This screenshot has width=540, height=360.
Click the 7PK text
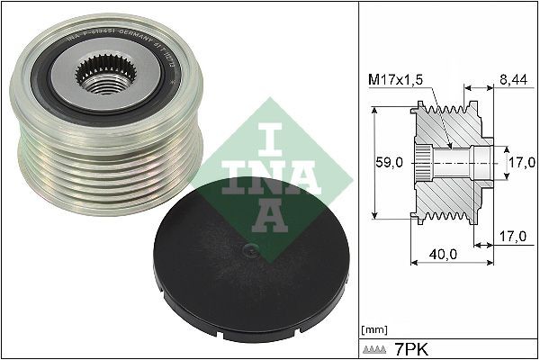409,347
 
